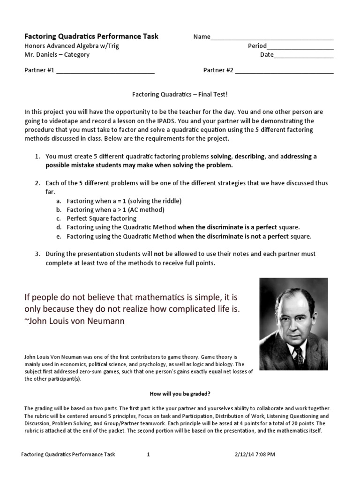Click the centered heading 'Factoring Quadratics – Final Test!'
pos(179,95)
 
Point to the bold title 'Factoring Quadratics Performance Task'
pos(91,36)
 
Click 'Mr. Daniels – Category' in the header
pos(57,54)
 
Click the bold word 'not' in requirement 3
pos(159,254)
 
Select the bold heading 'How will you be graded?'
pos(180,394)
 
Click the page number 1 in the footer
pos(148,454)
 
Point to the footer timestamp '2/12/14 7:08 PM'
pos(255,454)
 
